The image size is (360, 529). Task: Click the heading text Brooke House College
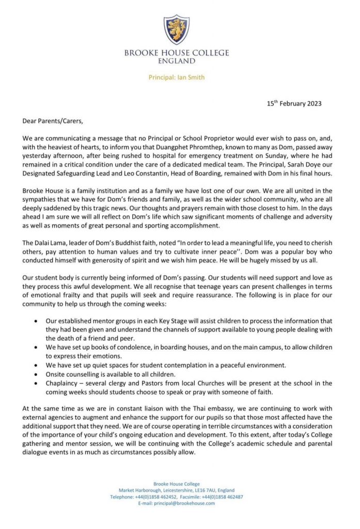click(x=176, y=53)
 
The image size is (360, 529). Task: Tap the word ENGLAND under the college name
click(x=177, y=61)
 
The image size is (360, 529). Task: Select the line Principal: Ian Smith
click(x=176, y=77)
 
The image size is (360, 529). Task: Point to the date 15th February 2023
click(x=294, y=103)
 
